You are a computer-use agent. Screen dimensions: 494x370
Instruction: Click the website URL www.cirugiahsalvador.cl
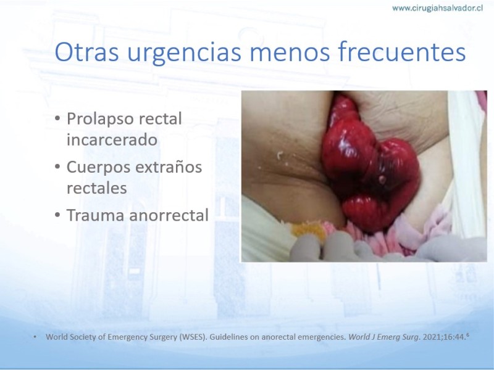[437, 8]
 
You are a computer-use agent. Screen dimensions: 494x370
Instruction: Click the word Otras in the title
[86, 52]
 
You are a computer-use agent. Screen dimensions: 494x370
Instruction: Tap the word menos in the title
[290, 52]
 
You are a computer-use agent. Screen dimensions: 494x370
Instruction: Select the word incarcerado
[112, 139]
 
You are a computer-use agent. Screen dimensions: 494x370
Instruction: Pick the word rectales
[97, 188]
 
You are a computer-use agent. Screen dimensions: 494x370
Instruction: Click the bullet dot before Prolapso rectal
[57, 119]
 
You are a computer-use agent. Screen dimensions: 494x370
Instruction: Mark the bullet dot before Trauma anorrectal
[57, 215]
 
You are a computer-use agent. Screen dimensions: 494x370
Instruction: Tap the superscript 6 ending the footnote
[467, 335]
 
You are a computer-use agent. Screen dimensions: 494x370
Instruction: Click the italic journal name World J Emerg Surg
[383, 337]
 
